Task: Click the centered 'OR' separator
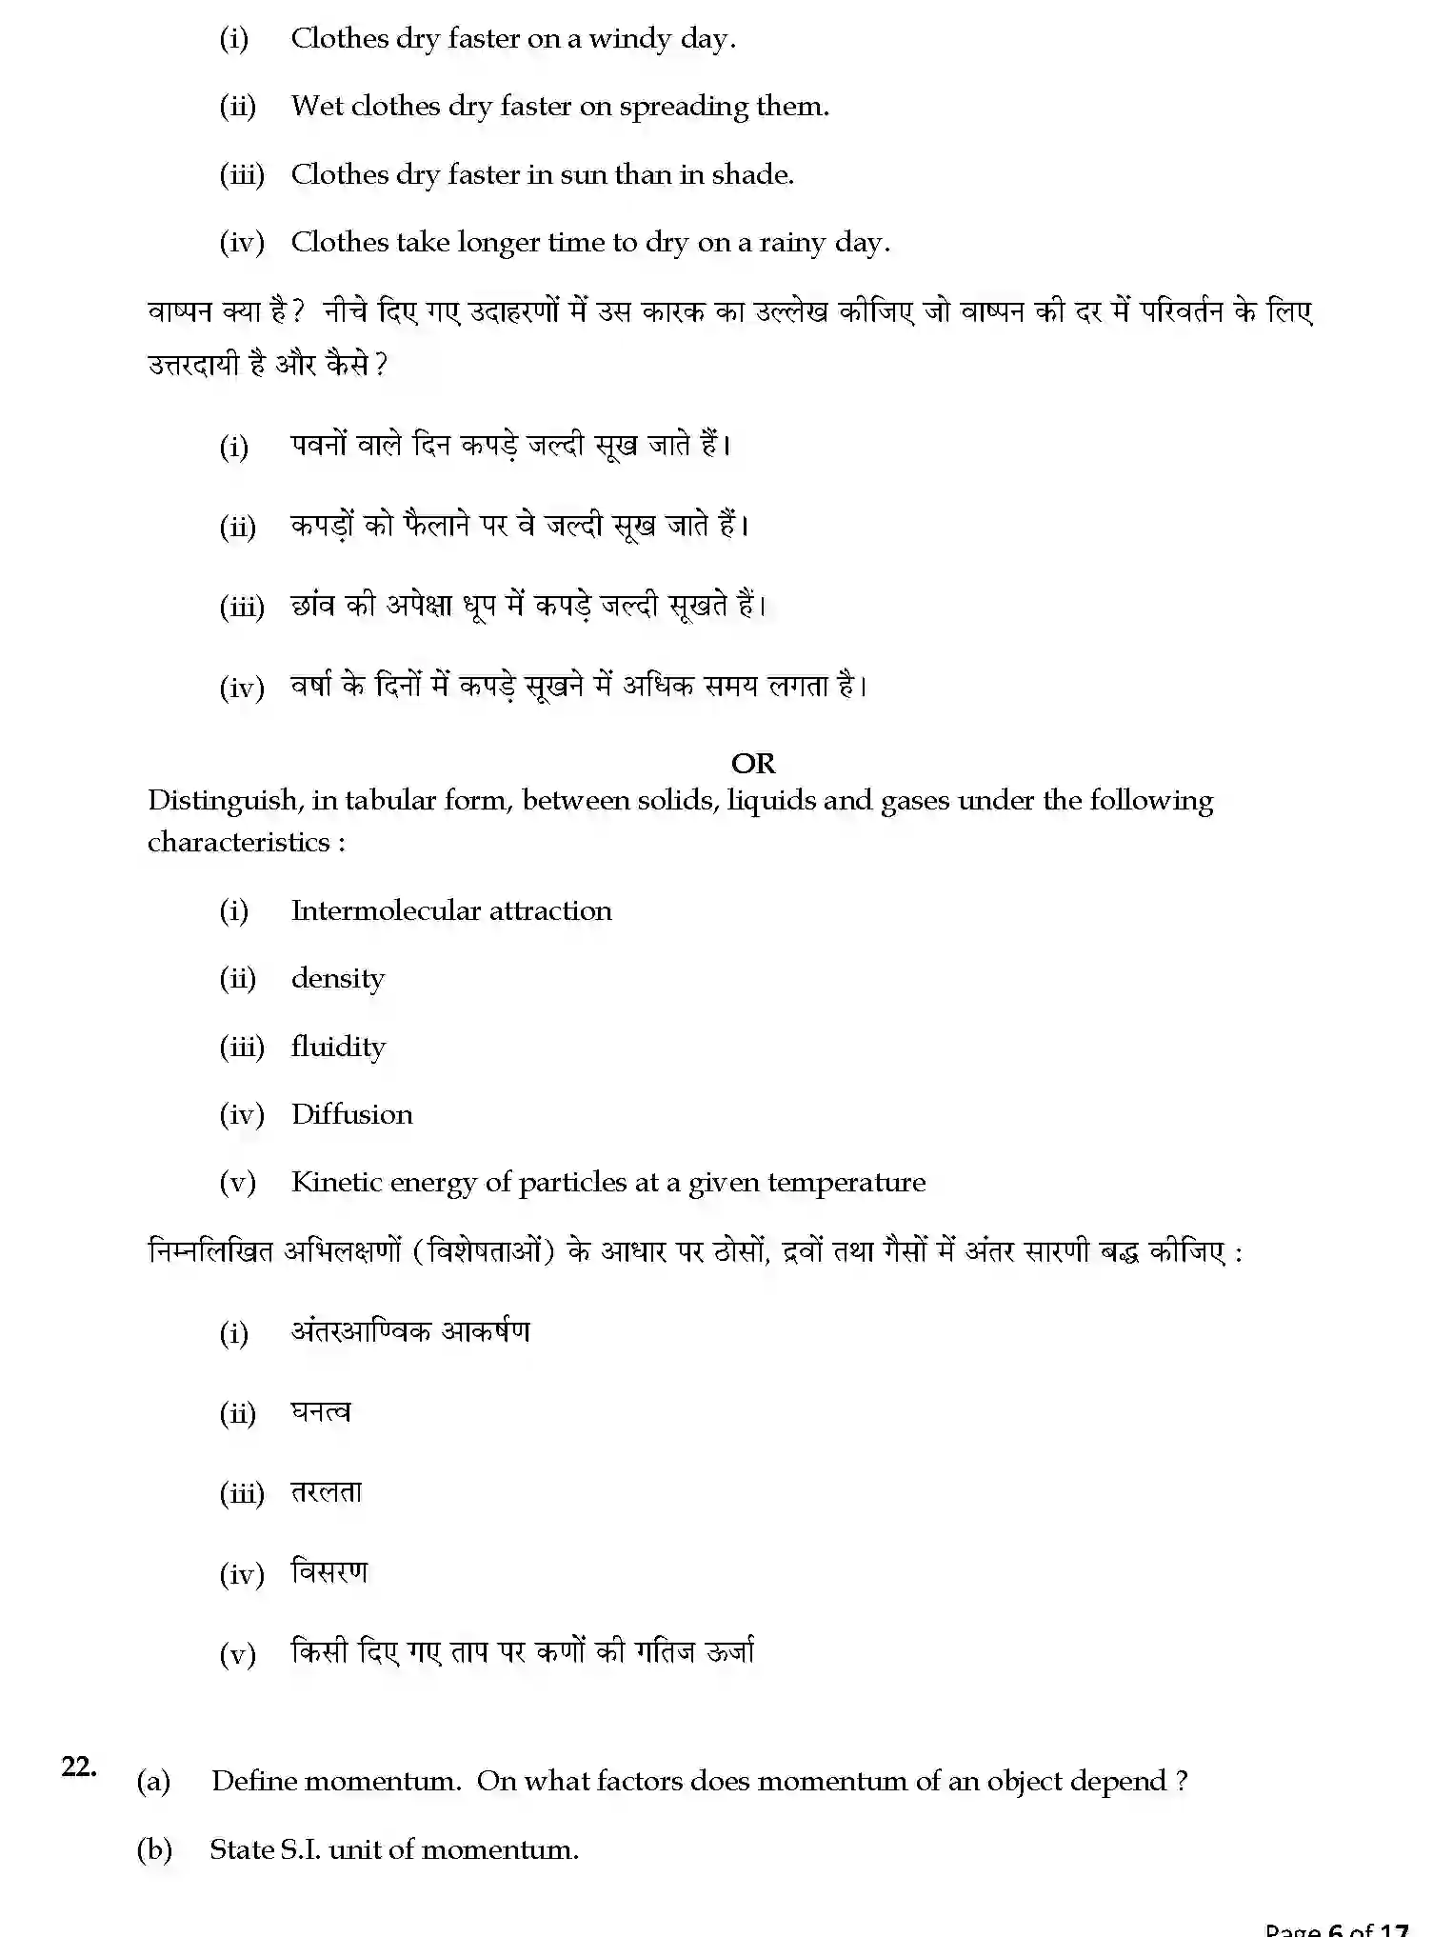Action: [752, 763]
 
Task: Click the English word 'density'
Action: [338, 979]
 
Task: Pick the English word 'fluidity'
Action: [338, 1047]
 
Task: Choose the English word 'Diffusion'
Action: [351, 1114]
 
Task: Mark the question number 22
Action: [78, 1767]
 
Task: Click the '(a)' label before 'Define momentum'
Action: [153, 1781]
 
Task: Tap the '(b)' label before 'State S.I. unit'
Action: [154, 1849]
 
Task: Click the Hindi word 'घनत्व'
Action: [321, 1412]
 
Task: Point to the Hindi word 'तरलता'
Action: [326, 1492]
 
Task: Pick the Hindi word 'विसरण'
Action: [328, 1572]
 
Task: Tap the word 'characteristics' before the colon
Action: [238, 842]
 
